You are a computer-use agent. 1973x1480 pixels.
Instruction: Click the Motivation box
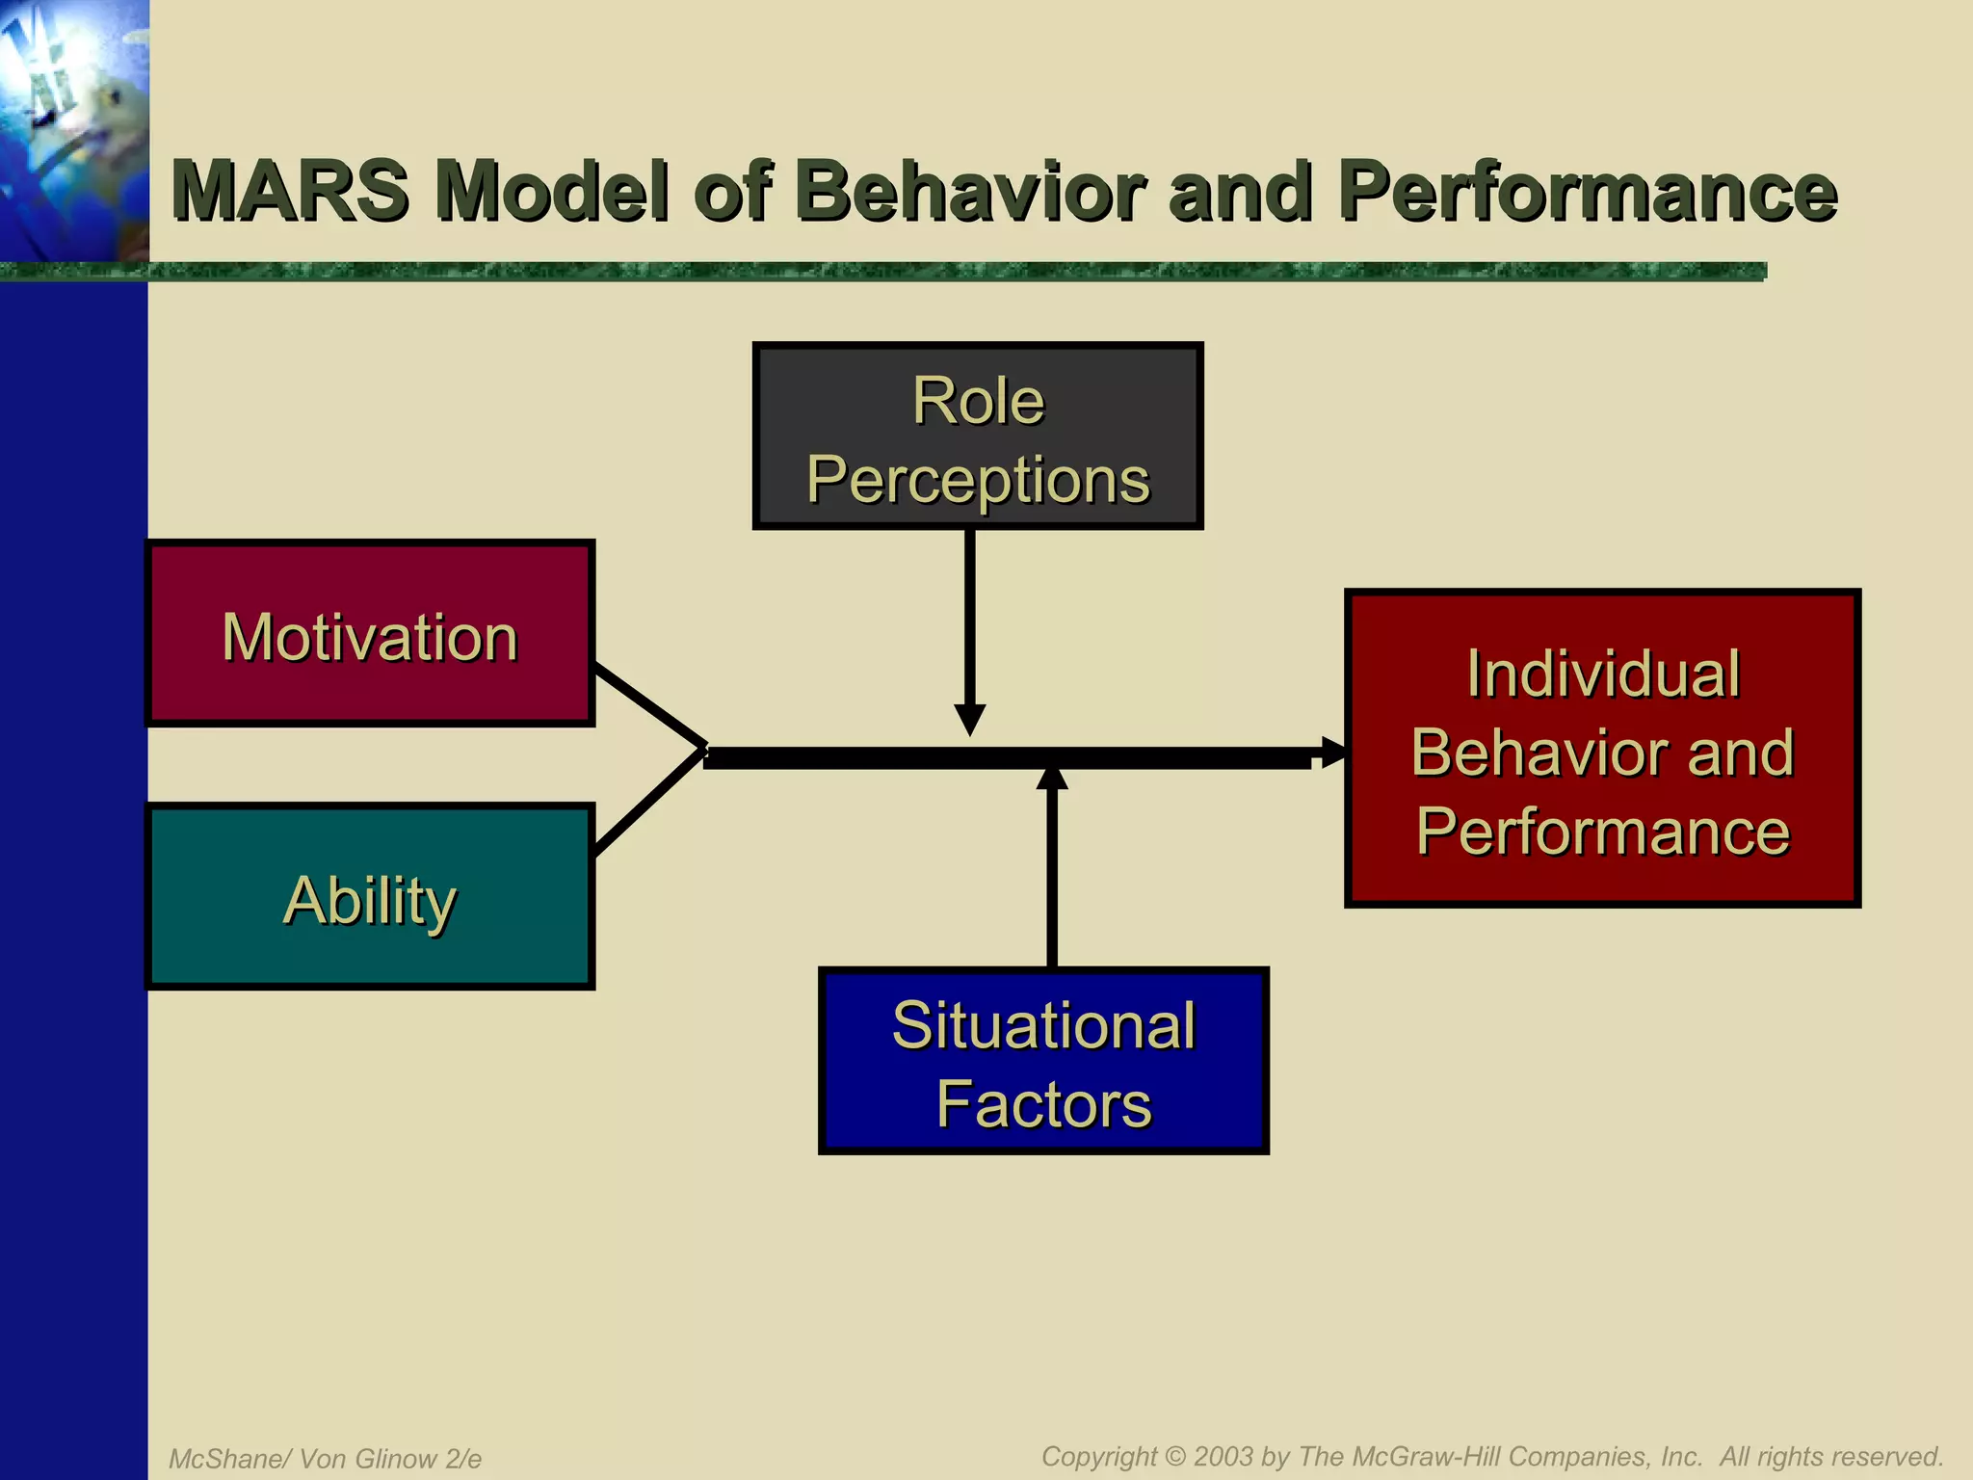pyautogui.click(x=370, y=634)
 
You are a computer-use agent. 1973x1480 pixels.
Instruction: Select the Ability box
pyautogui.click(x=370, y=897)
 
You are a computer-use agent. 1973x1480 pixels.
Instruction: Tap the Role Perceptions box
pyautogui.click(x=978, y=436)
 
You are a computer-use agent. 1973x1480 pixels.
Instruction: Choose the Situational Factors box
pyautogui.click(x=1043, y=1061)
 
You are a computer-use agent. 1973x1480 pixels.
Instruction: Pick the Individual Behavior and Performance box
pyautogui.click(x=1602, y=749)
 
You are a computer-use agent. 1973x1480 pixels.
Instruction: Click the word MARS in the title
pyautogui.click(x=290, y=191)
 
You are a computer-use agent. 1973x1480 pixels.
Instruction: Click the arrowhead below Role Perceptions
pyautogui.click(x=969, y=719)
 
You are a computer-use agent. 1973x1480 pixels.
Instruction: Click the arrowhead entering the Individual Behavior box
pyautogui.click(x=1333, y=753)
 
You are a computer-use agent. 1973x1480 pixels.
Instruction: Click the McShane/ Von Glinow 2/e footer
pyautogui.click(x=326, y=1459)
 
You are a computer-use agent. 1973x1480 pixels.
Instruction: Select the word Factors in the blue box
pyautogui.click(x=1043, y=1103)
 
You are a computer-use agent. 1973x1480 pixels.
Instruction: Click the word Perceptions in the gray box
pyautogui.click(x=978, y=479)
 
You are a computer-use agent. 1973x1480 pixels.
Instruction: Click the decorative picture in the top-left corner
pyautogui.click(x=73, y=130)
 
